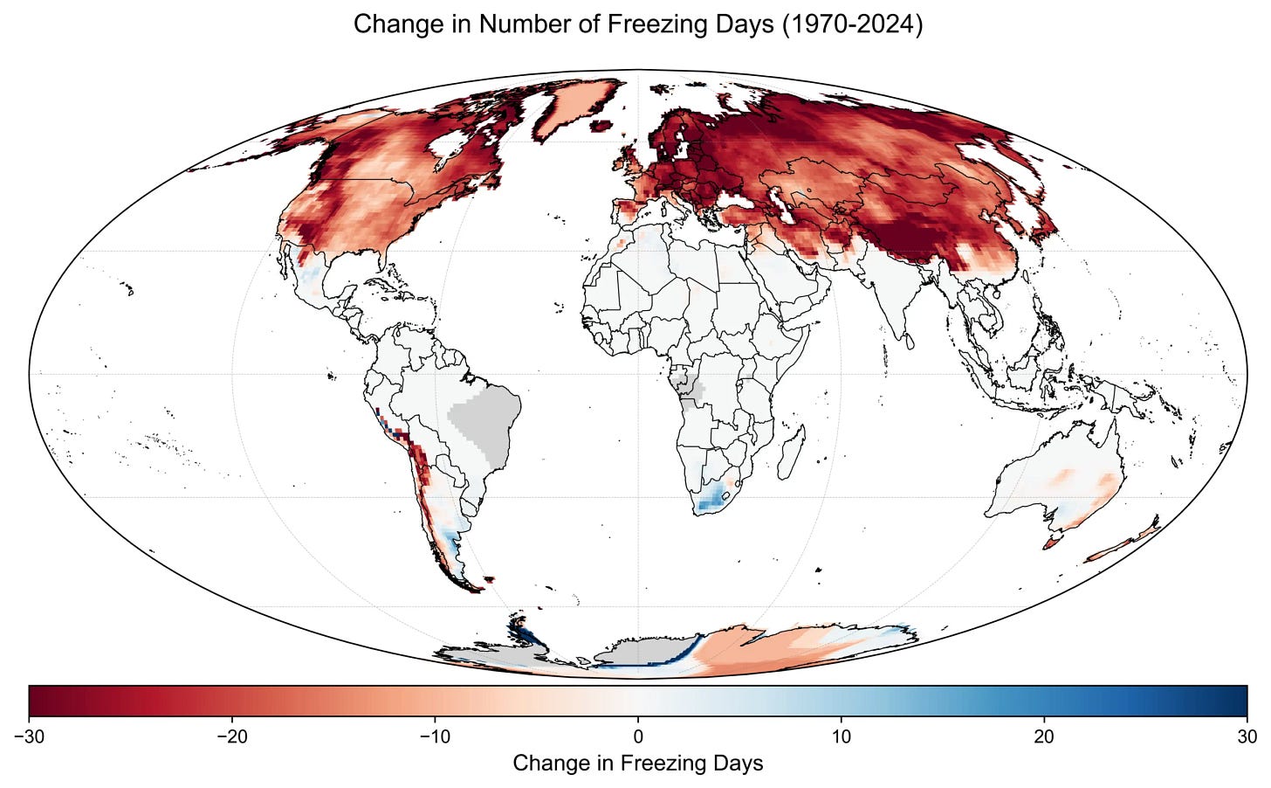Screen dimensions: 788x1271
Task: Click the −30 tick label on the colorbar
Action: [x=29, y=736]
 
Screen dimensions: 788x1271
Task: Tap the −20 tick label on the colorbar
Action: [x=231, y=736]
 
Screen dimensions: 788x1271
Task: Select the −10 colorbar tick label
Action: [x=435, y=736]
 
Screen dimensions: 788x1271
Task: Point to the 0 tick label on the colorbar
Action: [x=638, y=736]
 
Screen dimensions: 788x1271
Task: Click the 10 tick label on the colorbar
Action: [x=841, y=736]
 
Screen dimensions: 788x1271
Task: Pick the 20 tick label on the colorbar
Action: [x=1044, y=736]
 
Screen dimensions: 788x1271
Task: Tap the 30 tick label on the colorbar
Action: [x=1247, y=736]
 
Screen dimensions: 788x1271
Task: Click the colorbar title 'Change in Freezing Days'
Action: [x=637, y=764]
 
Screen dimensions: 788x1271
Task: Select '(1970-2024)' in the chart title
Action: [x=852, y=24]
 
